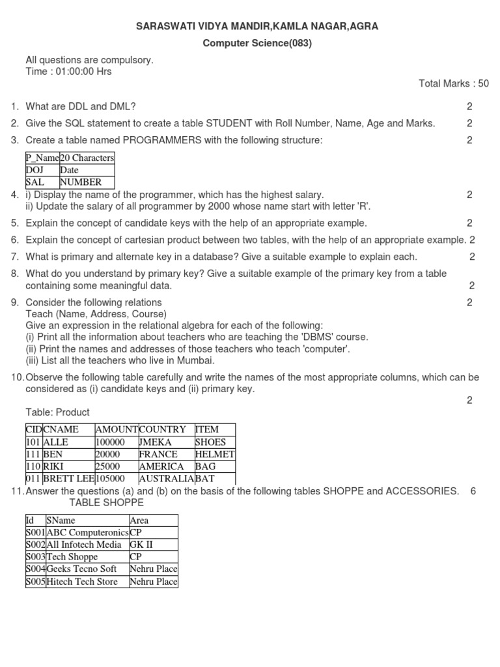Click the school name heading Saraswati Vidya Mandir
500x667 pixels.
(x=257, y=27)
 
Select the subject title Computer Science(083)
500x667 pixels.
(x=257, y=44)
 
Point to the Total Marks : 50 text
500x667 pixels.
(x=453, y=84)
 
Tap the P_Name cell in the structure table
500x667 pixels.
(x=42, y=158)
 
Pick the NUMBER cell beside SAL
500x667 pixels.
(x=81, y=182)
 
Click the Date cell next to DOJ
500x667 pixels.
(x=69, y=170)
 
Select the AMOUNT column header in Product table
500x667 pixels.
(x=117, y=429)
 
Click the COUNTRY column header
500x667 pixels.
(x=163, y=429)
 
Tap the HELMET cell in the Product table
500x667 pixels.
(x=214, y=454)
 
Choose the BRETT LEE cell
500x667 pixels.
(x=68, y=479)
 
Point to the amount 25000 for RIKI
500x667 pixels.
(x=109, y=466)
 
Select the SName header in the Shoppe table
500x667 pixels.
(x=61, y=520)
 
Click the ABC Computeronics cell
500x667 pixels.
(x=87, y=532)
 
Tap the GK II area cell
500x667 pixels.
(x=141, y=545)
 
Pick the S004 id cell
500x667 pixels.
(x=35, y=569)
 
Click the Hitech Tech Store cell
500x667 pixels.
(x=82, y=582)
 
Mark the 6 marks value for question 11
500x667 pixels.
(x=473, y=491)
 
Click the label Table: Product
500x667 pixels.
(x=57, y=412)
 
